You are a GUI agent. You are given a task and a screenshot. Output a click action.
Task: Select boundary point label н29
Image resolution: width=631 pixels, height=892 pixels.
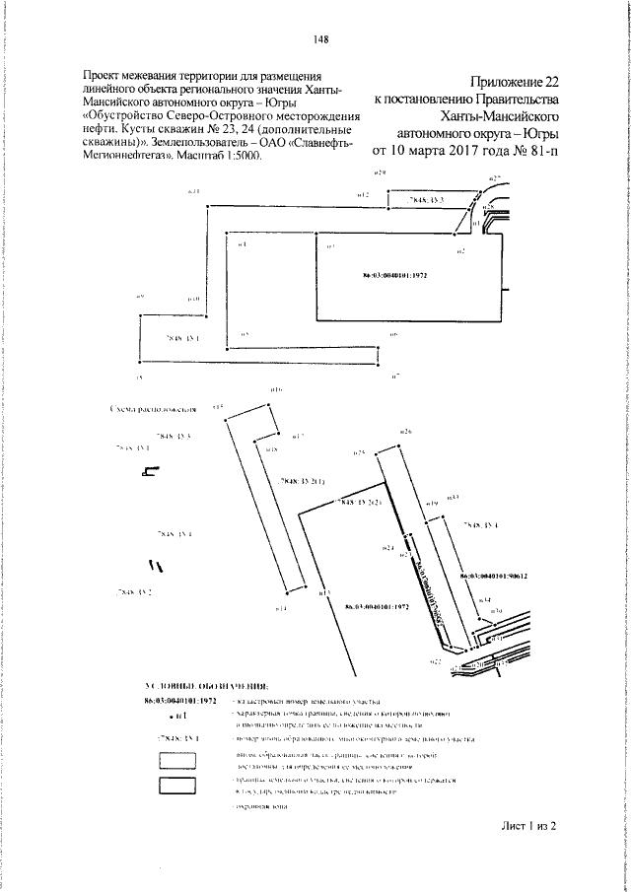pos(382,172)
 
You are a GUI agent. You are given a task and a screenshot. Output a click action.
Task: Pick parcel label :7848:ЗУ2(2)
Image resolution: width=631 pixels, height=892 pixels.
pos(361,503)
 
